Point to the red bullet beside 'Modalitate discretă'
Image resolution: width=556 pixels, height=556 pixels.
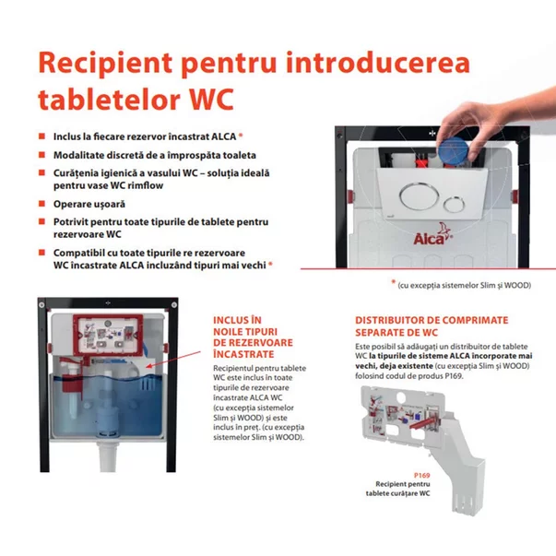[41, 154]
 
